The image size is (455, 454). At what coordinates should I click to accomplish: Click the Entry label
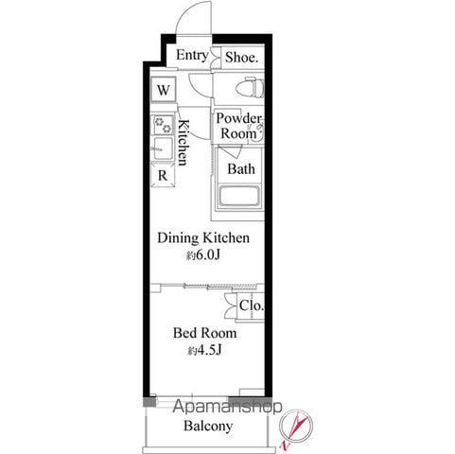(192, 56)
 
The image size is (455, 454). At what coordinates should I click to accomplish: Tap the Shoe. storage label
(242, 58)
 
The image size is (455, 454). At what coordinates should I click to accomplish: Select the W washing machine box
(163, 90)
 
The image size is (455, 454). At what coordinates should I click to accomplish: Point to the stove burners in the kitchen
(163, 124)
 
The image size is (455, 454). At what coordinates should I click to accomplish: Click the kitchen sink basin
(163, 148)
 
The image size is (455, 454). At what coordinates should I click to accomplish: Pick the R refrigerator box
(163, 175)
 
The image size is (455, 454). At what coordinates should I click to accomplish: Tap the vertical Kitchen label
(184, 142)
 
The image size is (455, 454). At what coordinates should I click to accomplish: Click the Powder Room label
(238, 126)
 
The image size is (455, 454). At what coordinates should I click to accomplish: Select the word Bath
(241, 169)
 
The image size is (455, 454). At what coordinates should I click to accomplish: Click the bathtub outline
(239, 197)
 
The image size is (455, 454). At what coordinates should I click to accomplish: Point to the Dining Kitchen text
(203, 237)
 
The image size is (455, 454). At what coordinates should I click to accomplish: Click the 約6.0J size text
(203, 255)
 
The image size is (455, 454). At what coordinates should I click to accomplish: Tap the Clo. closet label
(251, 306)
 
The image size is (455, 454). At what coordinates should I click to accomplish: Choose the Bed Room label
(204, 333)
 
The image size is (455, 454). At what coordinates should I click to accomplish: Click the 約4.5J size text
(205, 350)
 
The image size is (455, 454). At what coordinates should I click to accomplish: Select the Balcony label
(208, 426)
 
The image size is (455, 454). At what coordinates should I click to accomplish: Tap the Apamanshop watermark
(227, 407)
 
